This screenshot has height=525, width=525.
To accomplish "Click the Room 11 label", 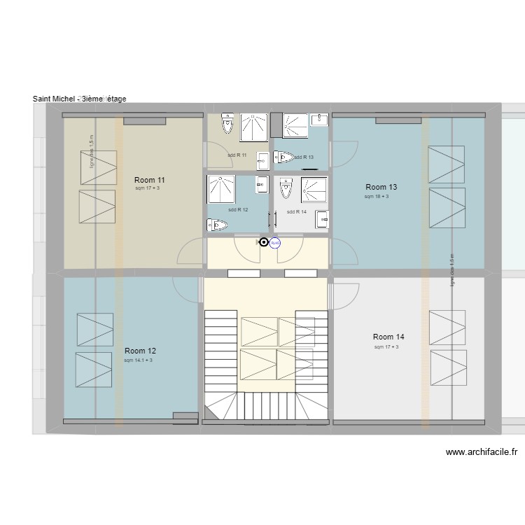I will pyautogui.click(x=149, y=180).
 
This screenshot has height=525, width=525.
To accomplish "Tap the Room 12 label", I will pyautogui.click(x=140, y=351).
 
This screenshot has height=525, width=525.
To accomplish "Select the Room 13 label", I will pyautogui.click(x=381, y=187).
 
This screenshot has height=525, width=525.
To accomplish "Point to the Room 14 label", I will pyautogui.click(x=388, y=337).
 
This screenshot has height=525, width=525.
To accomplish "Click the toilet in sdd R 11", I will pyautogui.click(x=227, y=124).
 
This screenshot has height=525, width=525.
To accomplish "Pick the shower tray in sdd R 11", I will pyautogui.click(x=254, y=127).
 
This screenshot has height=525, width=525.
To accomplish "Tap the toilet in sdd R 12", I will pyautogui.click(x=217, y=225).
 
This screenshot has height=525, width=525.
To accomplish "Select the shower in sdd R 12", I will pyautogui.click(x=222, y=188).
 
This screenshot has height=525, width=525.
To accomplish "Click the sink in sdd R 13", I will pyautogui.click(x=319, y=120).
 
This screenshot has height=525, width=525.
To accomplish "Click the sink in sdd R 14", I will pyautogui.click(x=322, y=218).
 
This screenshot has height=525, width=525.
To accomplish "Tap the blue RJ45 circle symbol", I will pyautogui.click(x=275, y=243).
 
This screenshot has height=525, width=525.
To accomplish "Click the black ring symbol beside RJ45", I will pyautogui.click(x=263, y=242).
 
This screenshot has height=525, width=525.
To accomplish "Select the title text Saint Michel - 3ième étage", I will pyautogui.click(x=79, y=99).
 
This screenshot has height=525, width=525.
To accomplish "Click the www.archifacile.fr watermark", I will pyautogui.click(x=482, y=453).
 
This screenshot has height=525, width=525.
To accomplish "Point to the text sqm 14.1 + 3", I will pyautogui.click(x=138, y=360).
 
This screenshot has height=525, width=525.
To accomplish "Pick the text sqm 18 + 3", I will pyautogui.click(x=377, y=197).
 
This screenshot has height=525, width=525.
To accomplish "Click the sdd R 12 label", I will pyautogui.click(x=238, y=209).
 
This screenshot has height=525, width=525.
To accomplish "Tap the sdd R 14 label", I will pyautogui.click(x=297, y=211).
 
